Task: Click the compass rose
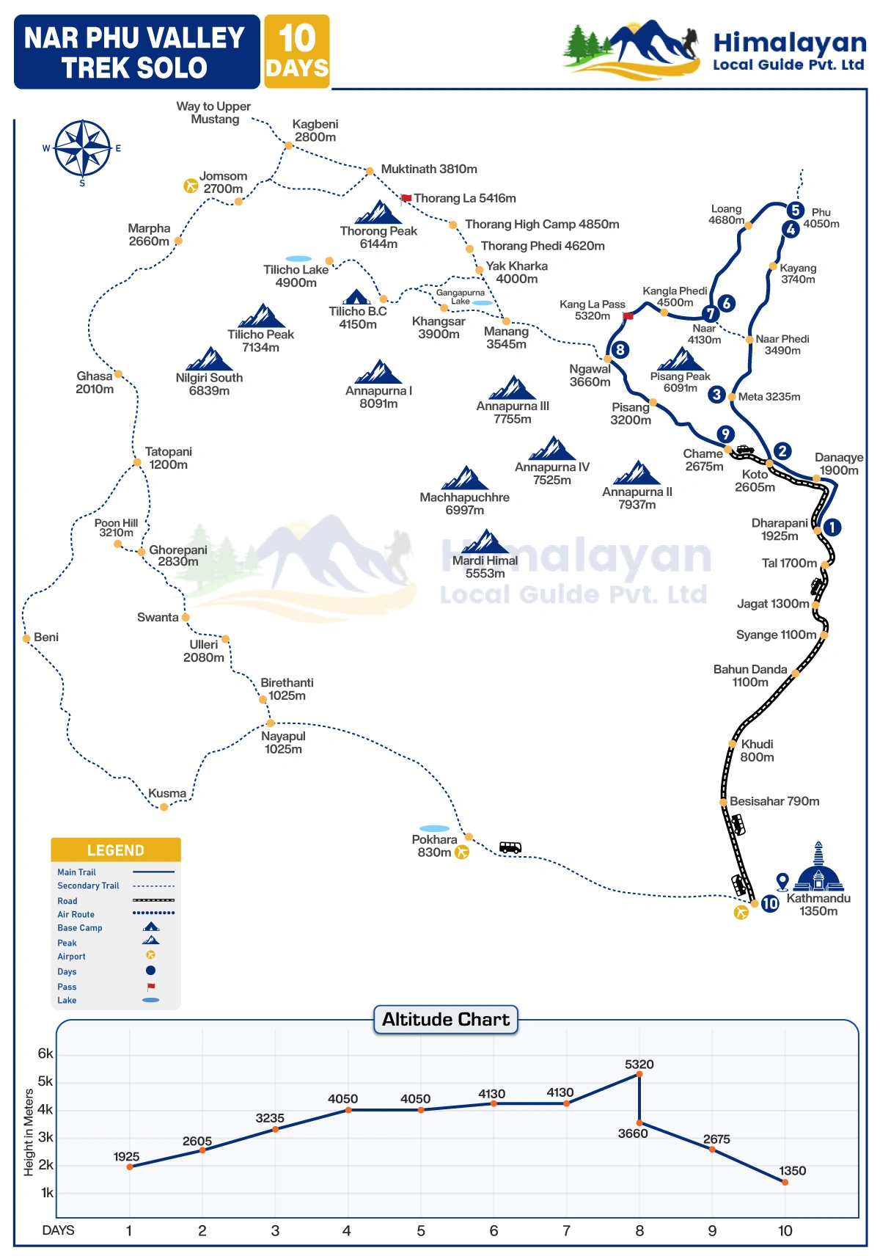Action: pyautogui.click(x=83, y=149)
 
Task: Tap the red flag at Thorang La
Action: pyautogui.click(x=406, y=198)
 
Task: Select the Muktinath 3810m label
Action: pyautogui.click(x=429, y=169)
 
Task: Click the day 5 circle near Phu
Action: pyautogui.click(x=795, y=211)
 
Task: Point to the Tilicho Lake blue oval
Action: pyautogui.click(x=298, y=259)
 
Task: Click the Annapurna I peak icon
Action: pyautogui.click(x=379, y=372)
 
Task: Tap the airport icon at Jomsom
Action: pyautogui.click(x=191, y=186)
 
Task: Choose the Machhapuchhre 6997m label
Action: pyautogui.click(x=464, y=503)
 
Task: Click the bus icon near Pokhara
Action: pyautogui.click(x=510, y=847)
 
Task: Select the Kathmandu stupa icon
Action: pyautogui.click(x=818, y=869)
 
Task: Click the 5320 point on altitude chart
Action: pyautogui.click(x=639, y=1074)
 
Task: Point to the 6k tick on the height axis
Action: pyautogui.click(x=45, y=1054)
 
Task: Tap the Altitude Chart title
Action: pyautogui.click(x=446, y=1019)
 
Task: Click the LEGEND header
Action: pyautogui.click(x=116, y=850)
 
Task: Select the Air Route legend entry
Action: pyautogui.click(x=76, y=914)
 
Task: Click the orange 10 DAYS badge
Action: pyautogui.click(x=297, y=51)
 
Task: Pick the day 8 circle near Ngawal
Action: pyautogui.click(x=620, y=349)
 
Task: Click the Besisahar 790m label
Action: pyautogui.click(x=774, y=801)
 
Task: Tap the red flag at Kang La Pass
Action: pyautogui.click(x=628, y=316)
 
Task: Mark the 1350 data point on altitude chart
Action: pyautogui.click(x=785, y=1182)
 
